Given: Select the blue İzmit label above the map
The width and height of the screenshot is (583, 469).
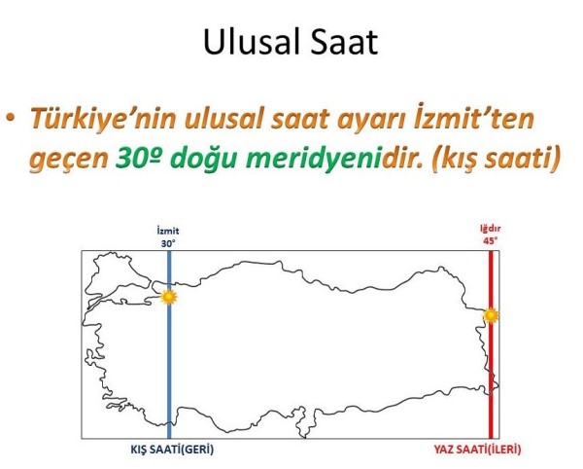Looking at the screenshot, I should (x=169, y=231).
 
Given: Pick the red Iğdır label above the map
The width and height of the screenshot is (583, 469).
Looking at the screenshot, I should (x=491, y=231).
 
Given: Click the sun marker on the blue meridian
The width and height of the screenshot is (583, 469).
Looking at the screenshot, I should (x=170, y=296).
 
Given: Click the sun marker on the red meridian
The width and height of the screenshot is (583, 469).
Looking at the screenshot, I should (x=491, y=315).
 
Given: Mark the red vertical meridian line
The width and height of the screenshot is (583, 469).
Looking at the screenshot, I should (x=491, y=389).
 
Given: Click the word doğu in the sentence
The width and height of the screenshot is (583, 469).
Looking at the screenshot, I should (x=204, y=159).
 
